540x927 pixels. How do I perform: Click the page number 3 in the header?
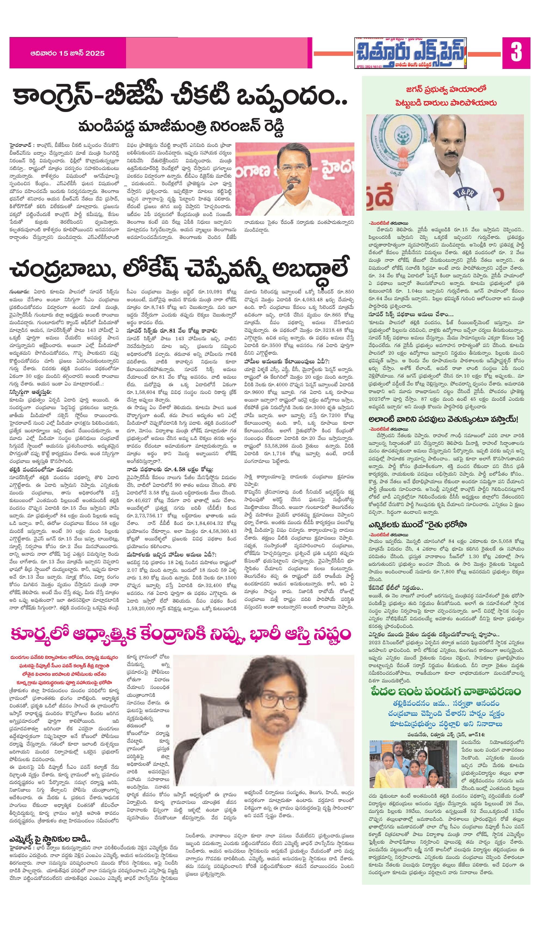click(x=516, y=52)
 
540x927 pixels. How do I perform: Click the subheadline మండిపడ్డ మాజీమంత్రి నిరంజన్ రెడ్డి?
click(x=181, y=127)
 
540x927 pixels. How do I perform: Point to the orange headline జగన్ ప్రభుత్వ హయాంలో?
click(x=446, y=89)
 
